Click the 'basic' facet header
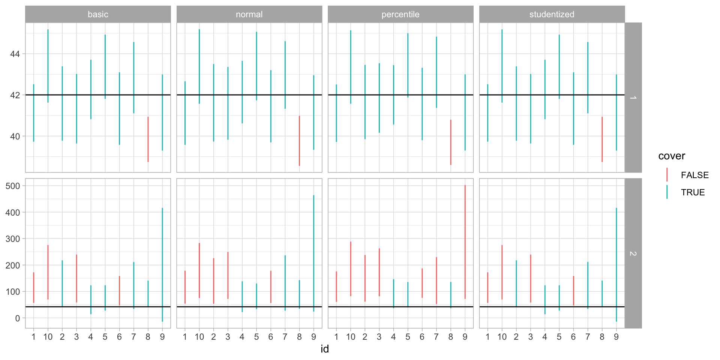pyautogui.click(x=98, y=14)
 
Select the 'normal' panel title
pyautogui.click(x=249, y=14)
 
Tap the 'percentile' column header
pyautogui.click(x=400, y=14)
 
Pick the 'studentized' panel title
pyautogui.click(x=552, y=14)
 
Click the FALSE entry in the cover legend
pyautogui.click(x=694, y=175)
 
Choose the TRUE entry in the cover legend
pyautogui.click(x=693, y=192)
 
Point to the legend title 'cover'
pyautogui.click(x=671, y=156)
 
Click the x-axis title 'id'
pyautogui.click(x=325, y=349)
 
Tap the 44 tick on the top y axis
pyautogui.click(x=15, y=54)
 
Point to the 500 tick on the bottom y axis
pyautogui.click(x=13, y=186)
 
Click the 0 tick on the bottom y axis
pyautogui.click(x=17, y=318)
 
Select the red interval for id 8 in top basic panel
pyautogui.click(x=148, y=139)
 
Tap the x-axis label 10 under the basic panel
pyautogui.click(x=48, y=337)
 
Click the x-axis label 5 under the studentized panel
pyautogui.click(x=559, y=337)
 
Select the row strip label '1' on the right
pyautogui.click(x=633, y=97)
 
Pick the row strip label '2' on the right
pyautogui.click(x=633, y=253)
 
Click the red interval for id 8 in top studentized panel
pyautogui.click(x=602, y=139)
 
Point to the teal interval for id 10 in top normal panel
pyautogui.click(x=199, y=66)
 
